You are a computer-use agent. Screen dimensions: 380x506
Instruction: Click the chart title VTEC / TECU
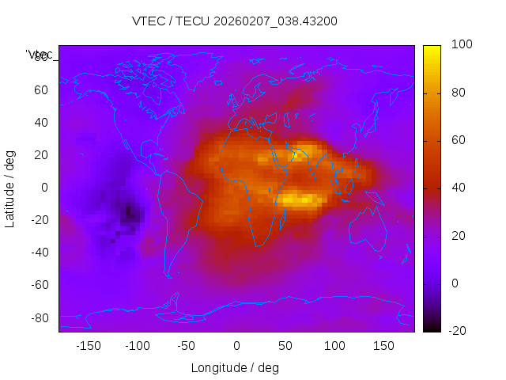coord(235,21)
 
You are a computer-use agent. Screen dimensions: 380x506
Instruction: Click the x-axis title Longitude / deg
coord(235,367)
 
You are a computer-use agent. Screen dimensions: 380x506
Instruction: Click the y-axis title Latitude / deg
coord(10,188)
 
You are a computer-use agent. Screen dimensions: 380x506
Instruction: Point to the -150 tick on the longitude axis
coord(89,345)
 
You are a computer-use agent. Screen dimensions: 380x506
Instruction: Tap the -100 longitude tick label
coord(138,345)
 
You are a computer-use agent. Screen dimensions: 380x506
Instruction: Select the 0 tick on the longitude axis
coord(236,345)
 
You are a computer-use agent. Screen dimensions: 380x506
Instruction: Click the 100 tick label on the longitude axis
coord(334,345)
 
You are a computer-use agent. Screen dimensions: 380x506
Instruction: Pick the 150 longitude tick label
coord(383,345)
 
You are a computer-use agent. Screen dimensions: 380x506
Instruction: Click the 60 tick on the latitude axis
coord(40,90)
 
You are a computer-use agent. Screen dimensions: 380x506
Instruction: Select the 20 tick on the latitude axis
coord(40,155)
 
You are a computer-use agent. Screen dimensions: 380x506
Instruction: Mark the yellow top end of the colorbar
coord(432,50)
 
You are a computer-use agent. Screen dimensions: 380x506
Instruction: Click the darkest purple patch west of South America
coord(129,212)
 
